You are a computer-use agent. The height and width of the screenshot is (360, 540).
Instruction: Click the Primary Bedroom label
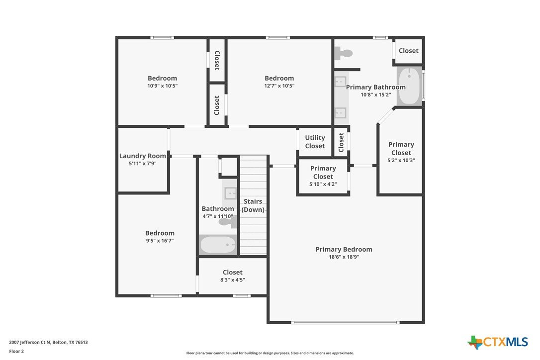tap(344, 250)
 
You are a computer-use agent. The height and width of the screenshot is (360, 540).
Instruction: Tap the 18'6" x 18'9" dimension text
tap(344, 257)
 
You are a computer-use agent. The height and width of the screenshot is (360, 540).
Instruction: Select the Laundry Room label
tap(143, 156)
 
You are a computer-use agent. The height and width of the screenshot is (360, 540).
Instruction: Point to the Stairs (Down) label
tap(253, 206)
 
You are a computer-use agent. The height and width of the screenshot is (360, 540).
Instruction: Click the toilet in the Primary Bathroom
tap(344, 53)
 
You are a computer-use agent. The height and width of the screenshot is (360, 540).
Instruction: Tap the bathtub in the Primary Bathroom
tap(410, 86)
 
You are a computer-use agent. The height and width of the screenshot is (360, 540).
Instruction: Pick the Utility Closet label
tap(315, 142)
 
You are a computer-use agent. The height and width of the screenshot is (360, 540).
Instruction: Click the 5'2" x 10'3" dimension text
tap(401, 161)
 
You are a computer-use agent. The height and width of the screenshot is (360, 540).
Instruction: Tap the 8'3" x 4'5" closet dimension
tap(233, 280)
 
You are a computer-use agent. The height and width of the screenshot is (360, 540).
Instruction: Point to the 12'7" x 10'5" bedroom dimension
tap(279, 86)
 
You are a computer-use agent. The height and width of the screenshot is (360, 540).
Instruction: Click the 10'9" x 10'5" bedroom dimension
tap(162, 86)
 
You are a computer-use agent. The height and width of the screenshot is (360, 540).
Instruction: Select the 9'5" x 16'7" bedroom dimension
tap(160, 241)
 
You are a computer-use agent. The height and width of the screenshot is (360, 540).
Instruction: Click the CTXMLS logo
tap(498, 342)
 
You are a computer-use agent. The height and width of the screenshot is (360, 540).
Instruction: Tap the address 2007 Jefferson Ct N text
tap(30, 343)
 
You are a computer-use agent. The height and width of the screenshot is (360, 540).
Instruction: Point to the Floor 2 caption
tap(16, 352)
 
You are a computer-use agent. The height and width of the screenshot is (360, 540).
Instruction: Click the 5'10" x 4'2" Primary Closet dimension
tap(323, 184)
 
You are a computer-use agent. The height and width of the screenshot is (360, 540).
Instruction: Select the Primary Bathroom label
tap(376, 88)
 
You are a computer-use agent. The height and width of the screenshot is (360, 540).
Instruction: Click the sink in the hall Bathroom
tap(230, 193)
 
